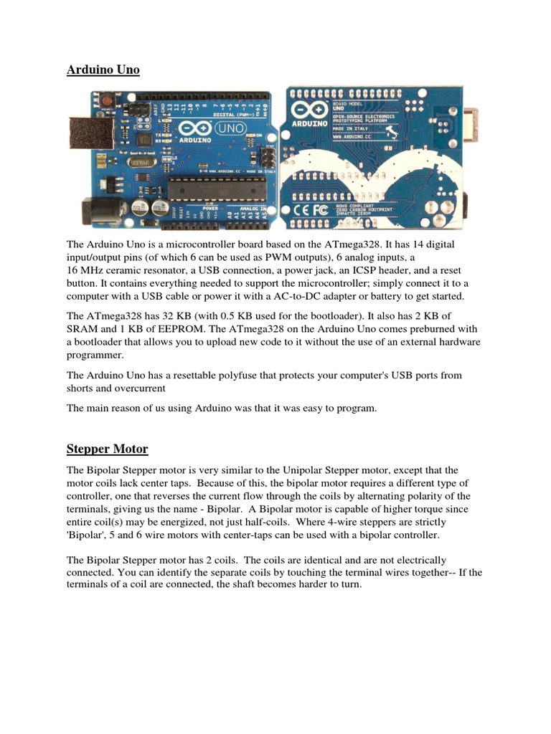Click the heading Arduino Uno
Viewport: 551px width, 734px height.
(x=103, y=70)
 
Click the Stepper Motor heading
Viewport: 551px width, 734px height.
(x=107, y=449)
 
